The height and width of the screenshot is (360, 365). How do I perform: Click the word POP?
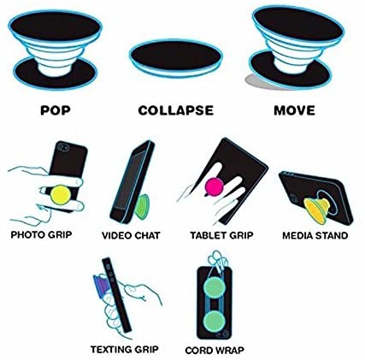(56, 110)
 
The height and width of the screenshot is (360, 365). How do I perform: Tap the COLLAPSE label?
(176, 110)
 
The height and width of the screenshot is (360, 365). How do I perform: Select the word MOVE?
(294, 110)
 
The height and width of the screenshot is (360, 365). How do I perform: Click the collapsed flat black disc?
(175, 57)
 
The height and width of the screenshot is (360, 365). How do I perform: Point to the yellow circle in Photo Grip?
(61, 195)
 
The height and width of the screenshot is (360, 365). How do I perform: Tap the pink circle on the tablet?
(215, 186)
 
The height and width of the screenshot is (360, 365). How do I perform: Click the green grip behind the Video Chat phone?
(142, 207)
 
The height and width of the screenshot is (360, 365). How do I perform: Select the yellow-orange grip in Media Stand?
(317, 210)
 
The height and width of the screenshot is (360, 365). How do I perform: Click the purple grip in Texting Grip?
(99, 285)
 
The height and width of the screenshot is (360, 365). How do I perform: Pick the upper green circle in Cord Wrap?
(215, 287)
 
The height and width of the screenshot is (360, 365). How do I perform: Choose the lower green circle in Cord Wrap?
(215, 321)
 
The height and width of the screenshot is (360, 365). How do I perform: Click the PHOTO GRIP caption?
(41, 235)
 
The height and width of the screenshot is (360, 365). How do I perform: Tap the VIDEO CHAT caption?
(131, 235)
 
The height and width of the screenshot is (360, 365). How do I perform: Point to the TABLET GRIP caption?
(221, 235)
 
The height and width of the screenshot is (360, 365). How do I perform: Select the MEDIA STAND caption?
(315, 235)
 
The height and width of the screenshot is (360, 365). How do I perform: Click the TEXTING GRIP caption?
(125, 349)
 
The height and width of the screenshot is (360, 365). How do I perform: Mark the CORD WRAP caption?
(215, 350)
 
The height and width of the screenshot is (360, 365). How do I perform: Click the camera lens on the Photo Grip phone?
(62, 147)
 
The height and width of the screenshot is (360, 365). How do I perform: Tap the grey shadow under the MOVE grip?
(258, 82)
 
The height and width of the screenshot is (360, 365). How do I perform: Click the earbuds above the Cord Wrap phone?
(217, 258)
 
